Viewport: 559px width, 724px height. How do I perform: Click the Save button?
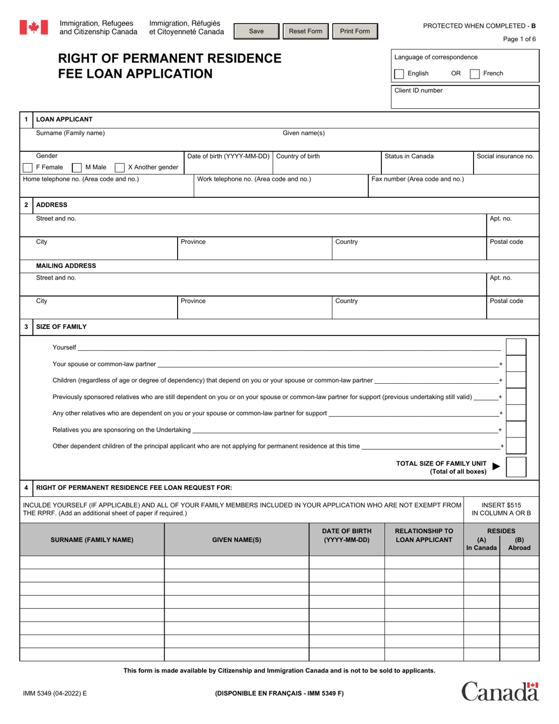(x=257, y=31)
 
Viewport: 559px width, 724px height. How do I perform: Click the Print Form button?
(x=355, y=31)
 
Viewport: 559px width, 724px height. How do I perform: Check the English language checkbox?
(x=399, y=74)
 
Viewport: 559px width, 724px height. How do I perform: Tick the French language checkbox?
(x=475, y=74)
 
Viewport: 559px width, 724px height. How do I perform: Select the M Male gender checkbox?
(x=76, y=167)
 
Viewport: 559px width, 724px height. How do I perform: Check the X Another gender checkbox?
(x=119, y=167)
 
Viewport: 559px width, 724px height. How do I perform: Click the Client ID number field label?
(x=418, y=91)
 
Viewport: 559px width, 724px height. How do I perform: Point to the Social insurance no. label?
(x=505, y=157)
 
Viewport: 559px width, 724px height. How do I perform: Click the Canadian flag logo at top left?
(x=34, y=27)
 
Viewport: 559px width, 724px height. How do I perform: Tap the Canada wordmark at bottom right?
(x=500, y=691)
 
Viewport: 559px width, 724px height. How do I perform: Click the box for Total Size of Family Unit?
(x=516, y=466)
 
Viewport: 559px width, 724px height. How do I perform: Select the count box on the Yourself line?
(x=516, y=347)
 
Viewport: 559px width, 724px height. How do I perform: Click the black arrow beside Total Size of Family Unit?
(x=496, y=466)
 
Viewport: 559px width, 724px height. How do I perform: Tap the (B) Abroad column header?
(x=519, y=543)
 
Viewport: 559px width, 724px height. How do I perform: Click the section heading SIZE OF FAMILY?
(x=61, y=327)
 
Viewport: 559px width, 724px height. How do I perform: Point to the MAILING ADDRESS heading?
(x=66, y=266)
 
